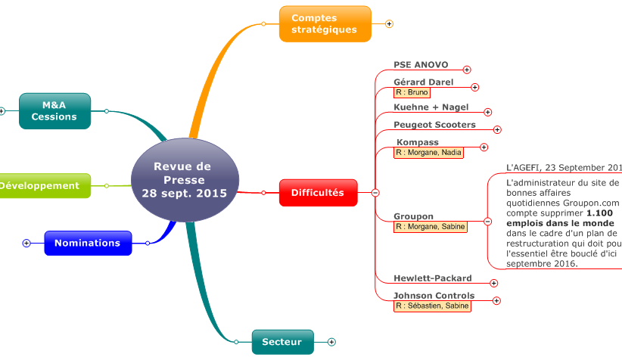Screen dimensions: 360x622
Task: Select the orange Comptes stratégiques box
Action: point(325,24)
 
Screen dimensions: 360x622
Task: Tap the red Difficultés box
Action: point(318,193)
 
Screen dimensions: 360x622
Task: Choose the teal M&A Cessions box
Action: point(54,111)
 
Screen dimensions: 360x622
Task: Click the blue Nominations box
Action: point(88,243)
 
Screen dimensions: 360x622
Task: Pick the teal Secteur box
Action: point(281,342)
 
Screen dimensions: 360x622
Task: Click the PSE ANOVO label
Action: point(421,65)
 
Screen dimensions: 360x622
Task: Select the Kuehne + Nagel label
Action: point(431,107)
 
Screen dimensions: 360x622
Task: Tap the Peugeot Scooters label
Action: point(434,124)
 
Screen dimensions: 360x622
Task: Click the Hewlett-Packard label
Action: point(432,278)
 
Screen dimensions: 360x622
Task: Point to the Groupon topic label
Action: point(413,216)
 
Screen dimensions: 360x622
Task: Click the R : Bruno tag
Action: point(412,92)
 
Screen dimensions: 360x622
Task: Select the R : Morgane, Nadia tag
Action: point(428,152)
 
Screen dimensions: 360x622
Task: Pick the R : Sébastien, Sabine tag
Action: point(431,306)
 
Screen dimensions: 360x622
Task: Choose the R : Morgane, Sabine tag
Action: point(430,226)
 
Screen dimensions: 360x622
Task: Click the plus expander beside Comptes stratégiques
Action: point(389,23)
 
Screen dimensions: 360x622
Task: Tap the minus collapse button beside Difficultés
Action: point(375,193)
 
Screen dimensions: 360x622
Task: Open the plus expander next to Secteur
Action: point(331,342)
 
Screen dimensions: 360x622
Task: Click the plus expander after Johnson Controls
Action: point(496,300)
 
